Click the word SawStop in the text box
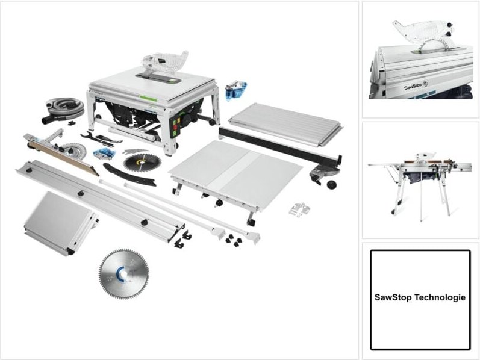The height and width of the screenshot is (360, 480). (x=396, y=298)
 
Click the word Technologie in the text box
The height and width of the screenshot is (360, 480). (x=442, y=298)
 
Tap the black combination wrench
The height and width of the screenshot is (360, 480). (x=100, y=138)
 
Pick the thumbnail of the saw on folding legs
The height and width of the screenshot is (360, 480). (x=420, y=180)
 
